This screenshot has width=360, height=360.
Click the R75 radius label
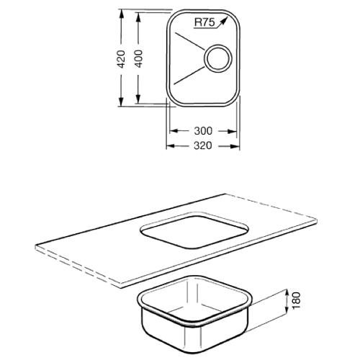pyautogui.click(x=204, y=22)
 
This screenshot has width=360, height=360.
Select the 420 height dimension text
pyautogui.click(x=122, y=59)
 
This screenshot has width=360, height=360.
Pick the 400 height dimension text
pyautogui.click(x=138, y=58)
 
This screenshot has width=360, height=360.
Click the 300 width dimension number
pyautogui.click(x=203, y=131)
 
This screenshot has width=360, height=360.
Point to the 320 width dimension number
pyautogui.click(x=203, y=145)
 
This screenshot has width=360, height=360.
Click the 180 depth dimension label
pyautogui.click(x=297, y=300)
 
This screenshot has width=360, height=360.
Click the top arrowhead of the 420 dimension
pyautogui.click(x=121, y=14)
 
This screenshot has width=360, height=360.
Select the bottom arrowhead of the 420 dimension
pyautogui.click(x=121, y=102)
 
